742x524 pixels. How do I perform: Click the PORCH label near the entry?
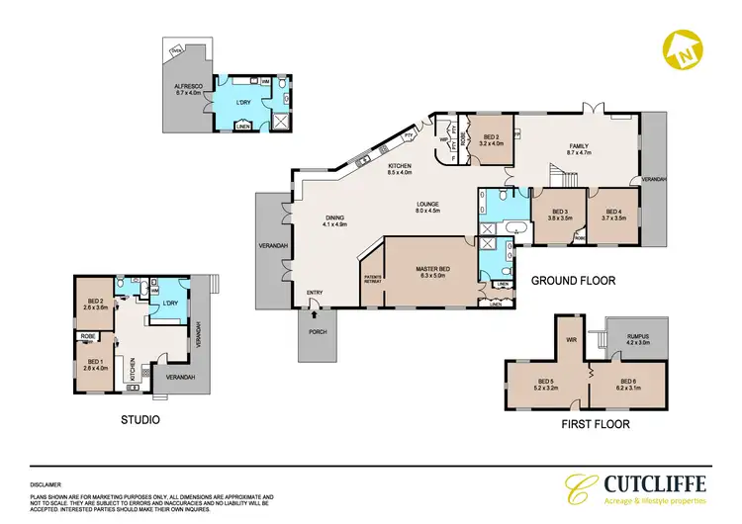click(316, 330)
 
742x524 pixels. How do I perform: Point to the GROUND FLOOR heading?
click(574, 281)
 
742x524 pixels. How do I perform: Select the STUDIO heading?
click(139, 419)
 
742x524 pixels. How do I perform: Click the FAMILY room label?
click(577, 147)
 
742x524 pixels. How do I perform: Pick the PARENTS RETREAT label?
click(373, 279)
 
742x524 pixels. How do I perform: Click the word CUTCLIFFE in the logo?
click(648, 484)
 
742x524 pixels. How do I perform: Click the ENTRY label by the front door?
click(315, 292)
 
